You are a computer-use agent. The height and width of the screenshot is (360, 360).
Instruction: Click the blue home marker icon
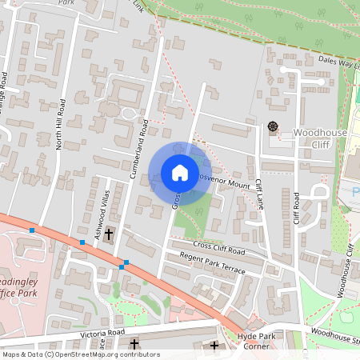tap(179, 173)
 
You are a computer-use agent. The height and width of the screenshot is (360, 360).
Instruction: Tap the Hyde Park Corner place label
tap(257, 342)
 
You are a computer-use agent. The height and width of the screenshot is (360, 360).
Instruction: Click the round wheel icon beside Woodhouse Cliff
tap(272, 126)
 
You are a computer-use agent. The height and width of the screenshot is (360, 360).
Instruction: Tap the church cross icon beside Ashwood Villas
tap(110, 234)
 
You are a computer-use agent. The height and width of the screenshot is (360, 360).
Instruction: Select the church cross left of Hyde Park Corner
tap(214, 346)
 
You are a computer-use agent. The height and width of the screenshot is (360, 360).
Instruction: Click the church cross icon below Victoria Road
tap(134, 346)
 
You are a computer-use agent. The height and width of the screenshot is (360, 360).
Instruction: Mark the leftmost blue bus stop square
tap(32, 230)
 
